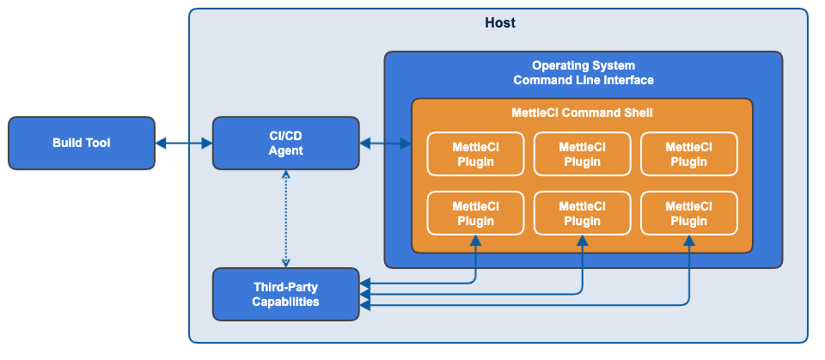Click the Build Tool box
tap(82, 143)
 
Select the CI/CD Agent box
tap(285, 143)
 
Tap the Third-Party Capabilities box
tap(285, 294)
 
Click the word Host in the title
tap(500, 23)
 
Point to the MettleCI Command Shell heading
tap(582, 113)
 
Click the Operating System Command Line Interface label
tap(584, 73)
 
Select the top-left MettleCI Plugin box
tap(475, 154)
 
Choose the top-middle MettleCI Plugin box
tap(582, 154)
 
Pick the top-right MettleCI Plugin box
tap(688, 154)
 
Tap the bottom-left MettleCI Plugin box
tap(475, 213)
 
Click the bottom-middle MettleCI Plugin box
tap(582, 213)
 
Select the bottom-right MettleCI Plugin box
tap(688, 213)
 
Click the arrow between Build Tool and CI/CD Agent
tap(184, 143)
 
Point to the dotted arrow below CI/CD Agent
tap(286, 218)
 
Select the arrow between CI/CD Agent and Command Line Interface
tap(385, 143)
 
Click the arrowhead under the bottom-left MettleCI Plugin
tap(475, 241)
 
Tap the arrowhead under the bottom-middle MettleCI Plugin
tap(583, 241)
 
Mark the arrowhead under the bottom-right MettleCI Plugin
tap(689, 241)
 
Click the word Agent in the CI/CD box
tap(285, 150)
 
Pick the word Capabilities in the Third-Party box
tap(285, 302)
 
